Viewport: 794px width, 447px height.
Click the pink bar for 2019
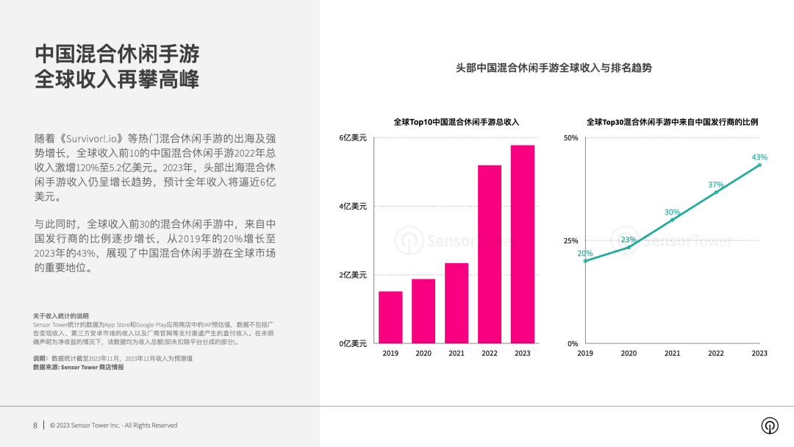coord(390,317)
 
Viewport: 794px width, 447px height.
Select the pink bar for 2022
coord(490,254)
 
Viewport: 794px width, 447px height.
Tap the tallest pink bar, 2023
coord(523,244)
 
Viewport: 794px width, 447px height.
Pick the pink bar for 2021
coord(457,303)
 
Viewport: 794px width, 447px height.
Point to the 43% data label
coord(759,157)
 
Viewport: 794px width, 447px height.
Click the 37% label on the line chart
coord(716,185)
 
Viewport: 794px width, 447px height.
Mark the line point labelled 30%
coord(672,220)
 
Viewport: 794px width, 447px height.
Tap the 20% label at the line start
coord(584,254)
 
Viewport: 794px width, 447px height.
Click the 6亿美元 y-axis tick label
coord(352,137)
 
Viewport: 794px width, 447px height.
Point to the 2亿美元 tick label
coord(352,275)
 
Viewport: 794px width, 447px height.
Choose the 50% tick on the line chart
coord(571,137)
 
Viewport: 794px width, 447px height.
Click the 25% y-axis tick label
coord(571,240)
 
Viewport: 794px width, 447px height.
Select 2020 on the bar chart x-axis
coord(423,353)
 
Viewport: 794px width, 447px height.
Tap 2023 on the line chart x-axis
coord(759,353)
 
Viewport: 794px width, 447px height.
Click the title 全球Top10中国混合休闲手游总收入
coord(456,122)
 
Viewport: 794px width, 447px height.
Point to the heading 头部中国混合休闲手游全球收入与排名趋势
coord(554,68)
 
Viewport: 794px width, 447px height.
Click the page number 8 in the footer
coord(35,425)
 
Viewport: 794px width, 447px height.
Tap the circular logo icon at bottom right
coord(770,426)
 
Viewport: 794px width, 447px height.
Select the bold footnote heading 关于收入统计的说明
coord(60,316)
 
